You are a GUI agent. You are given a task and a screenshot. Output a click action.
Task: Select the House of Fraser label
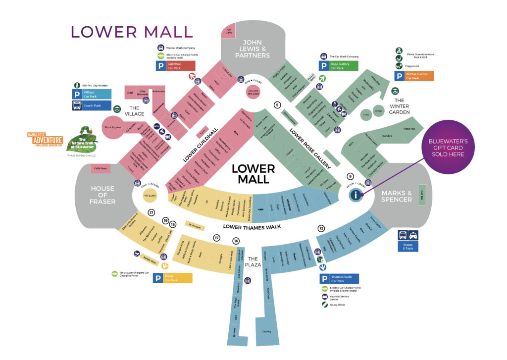pyautogui.click(x=102, y=195)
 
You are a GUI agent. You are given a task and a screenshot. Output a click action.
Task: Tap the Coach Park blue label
pyautogui.click(x=92, y=105)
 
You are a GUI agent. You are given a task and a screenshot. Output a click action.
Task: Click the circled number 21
pyautogui.click(x=152, y=213)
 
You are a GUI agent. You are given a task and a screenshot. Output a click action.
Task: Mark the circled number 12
pyautogui.click(x=321, y=228)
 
